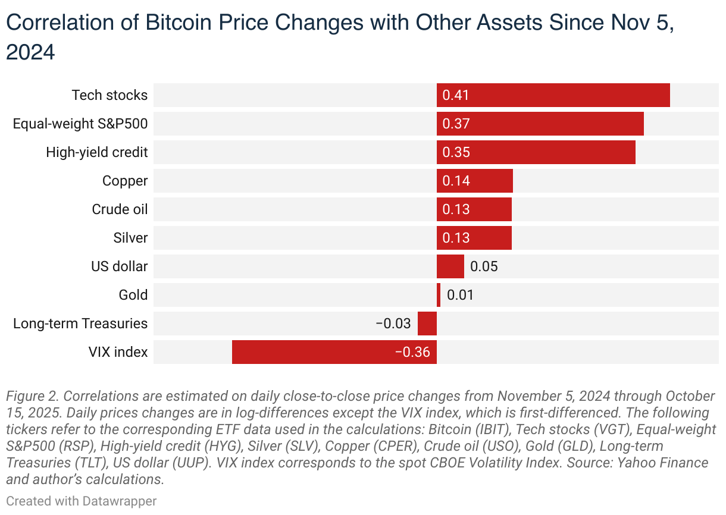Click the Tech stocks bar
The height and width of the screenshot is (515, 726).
pyautogui.click(x=553, y=95)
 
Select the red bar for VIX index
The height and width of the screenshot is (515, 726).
pyautogui.click(x=334, y=352)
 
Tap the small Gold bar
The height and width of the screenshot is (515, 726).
pyautogui.click(x=439, y=295)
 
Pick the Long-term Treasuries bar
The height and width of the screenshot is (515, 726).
pyautogui.click(x=427, y=324)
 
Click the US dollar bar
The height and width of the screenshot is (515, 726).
pyautogui.click(x=450, y=266)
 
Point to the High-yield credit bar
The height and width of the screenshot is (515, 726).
pyautogui.click(x=536, y=152)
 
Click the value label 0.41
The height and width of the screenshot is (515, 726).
pyautogui.click(x=456, y=95)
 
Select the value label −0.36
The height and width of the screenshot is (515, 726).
pyautogui.click(x=412, y=352)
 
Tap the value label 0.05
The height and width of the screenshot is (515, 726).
pyautogui.click(x=484, y=266)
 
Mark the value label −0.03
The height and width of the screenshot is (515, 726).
pyautogui.click(x=393, y=324)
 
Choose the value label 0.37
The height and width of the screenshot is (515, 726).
pyautogui.click(x=456, y=124)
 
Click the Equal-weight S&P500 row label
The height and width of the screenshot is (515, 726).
pyautogui.click(x=80, y=124)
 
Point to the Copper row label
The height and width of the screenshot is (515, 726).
pyautogui.click(x=125, y=181)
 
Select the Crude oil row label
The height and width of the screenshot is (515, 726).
pyautogui.click(x=120, y=209)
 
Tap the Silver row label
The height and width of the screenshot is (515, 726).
pyautogui.click(x=130, y=238)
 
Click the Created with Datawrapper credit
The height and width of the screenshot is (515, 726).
pyautogui.click(x=82, y=501)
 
